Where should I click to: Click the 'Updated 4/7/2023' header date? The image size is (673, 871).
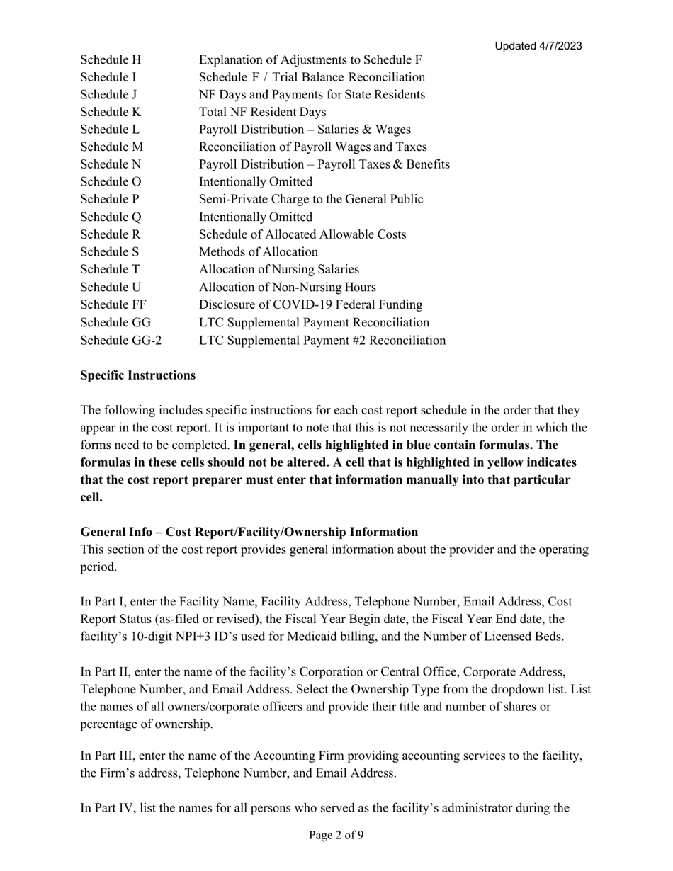538,46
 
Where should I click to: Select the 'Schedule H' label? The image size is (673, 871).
111,59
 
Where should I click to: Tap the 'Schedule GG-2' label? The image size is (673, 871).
121,341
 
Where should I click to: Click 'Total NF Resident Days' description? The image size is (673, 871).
263,112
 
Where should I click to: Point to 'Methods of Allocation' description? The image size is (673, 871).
259,252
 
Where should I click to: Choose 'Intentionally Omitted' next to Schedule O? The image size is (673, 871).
256,182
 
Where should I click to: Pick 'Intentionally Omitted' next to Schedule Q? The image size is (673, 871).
256,217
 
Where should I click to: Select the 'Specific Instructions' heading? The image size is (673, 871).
138,375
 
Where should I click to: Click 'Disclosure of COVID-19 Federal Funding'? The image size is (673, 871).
311,305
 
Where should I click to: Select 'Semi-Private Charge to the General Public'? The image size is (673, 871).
312,200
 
